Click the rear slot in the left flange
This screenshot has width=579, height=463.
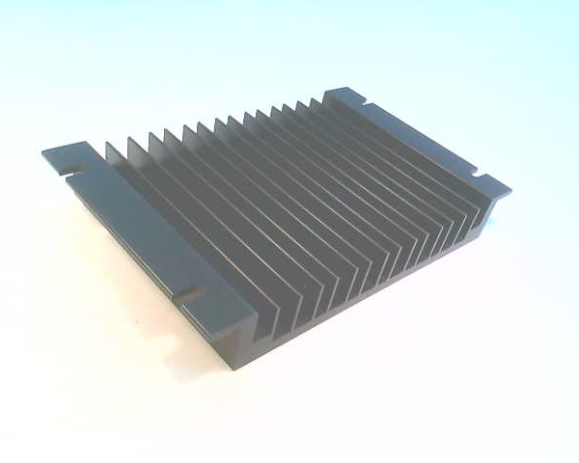[73, 170]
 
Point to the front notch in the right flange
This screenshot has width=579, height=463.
[479, 177]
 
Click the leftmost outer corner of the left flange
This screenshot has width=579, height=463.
[42, 151]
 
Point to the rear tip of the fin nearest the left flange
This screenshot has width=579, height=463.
[109, 144]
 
